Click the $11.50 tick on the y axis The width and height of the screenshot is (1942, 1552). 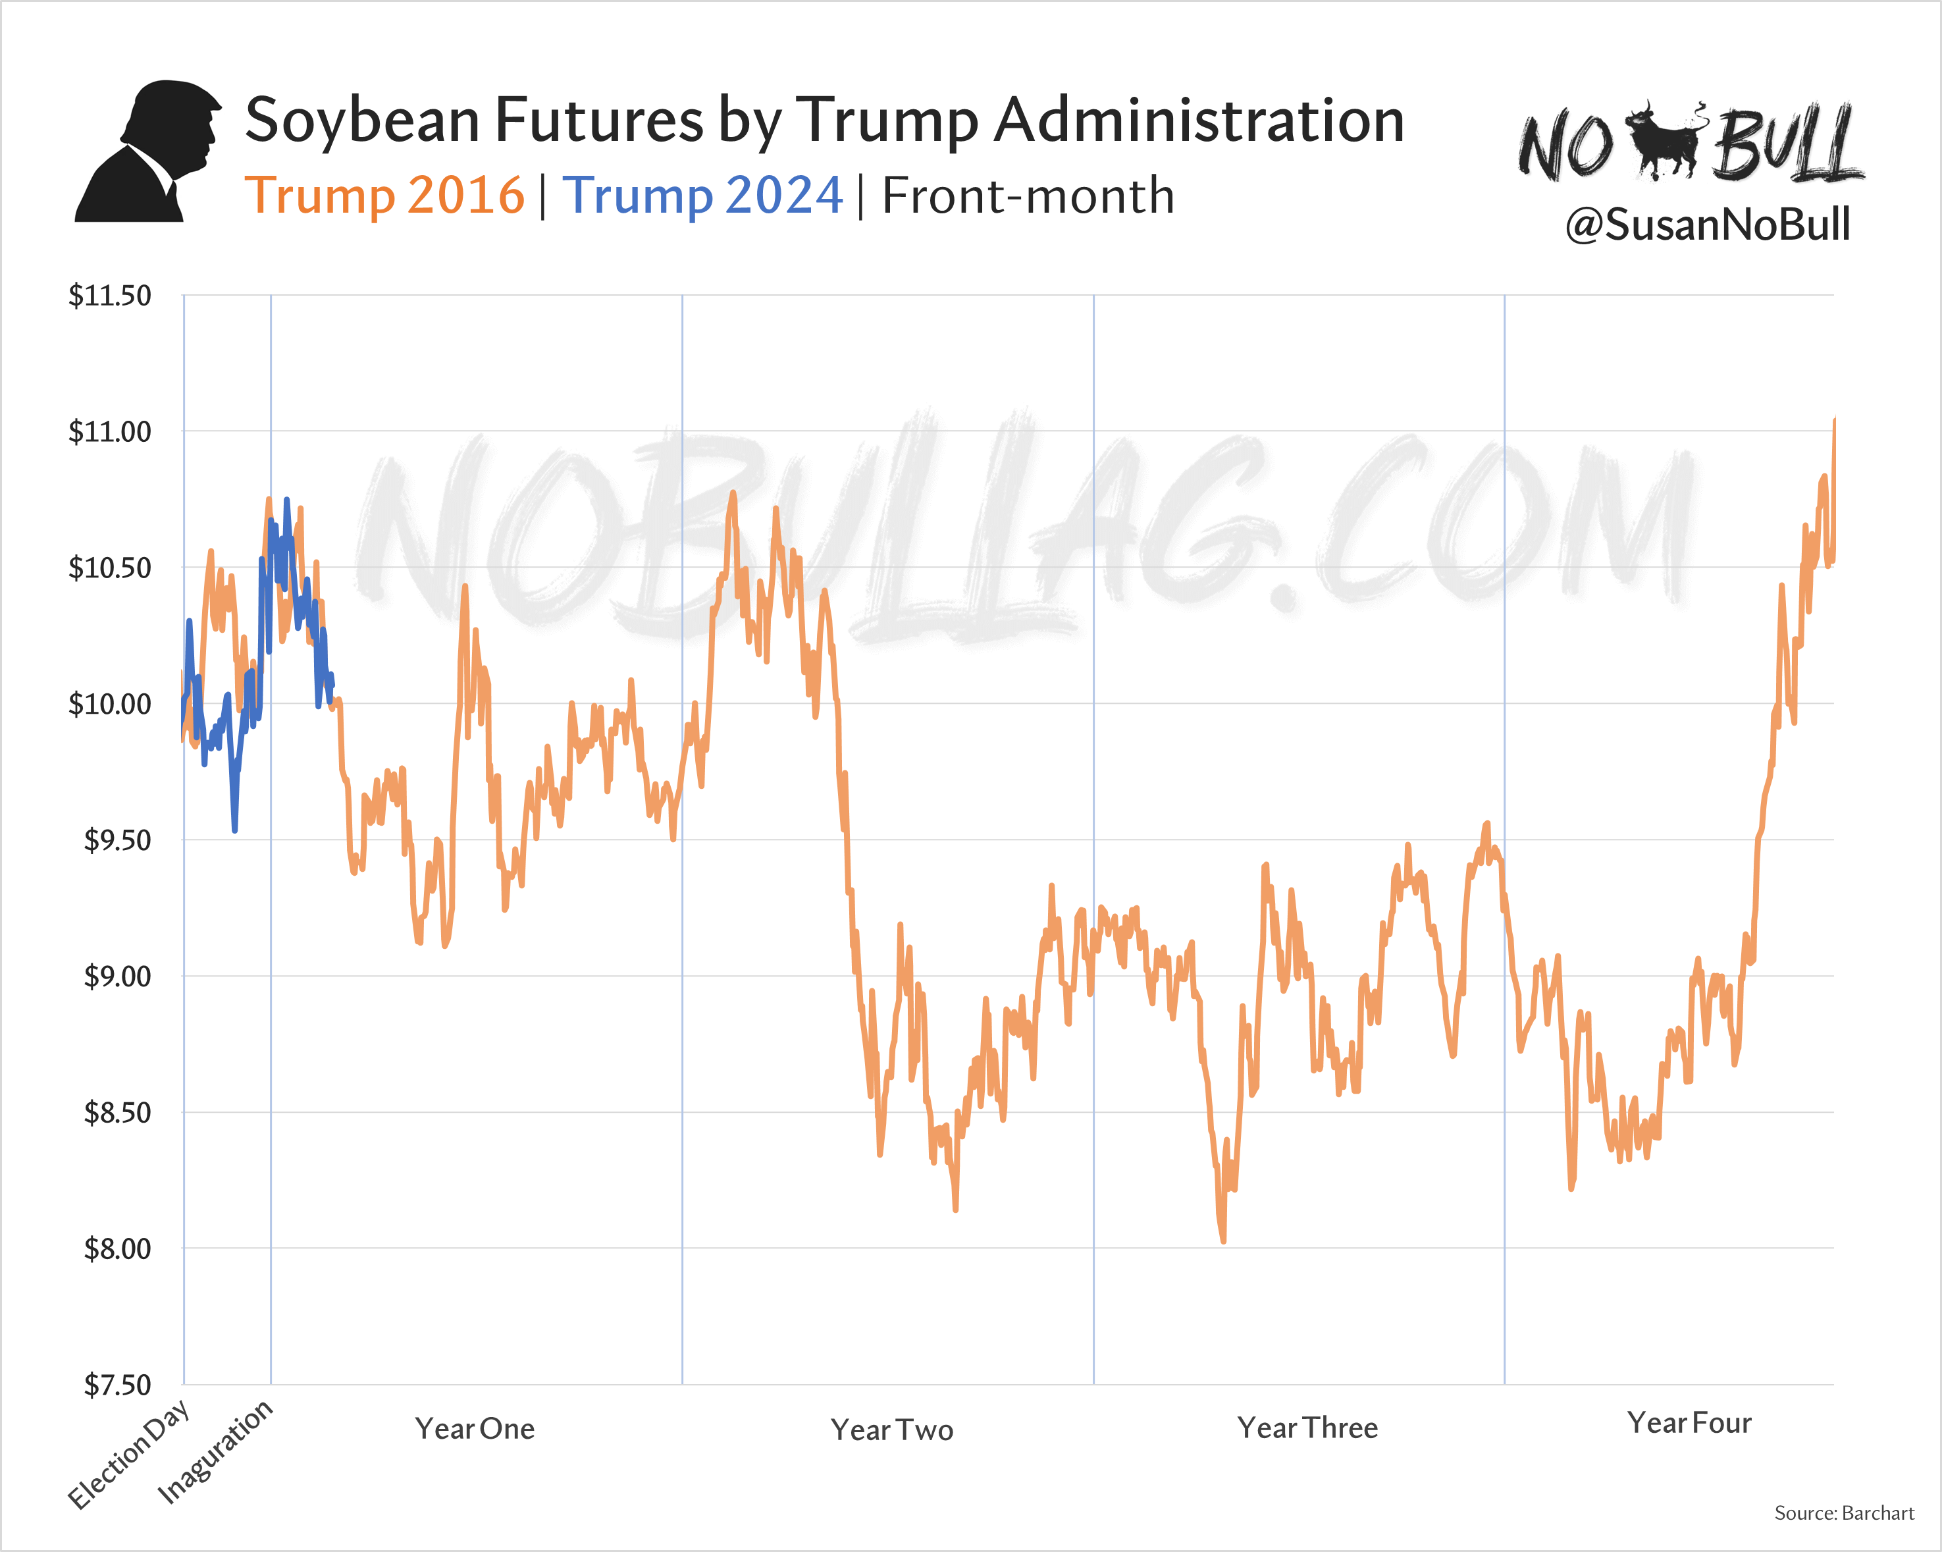(x=110, y=296)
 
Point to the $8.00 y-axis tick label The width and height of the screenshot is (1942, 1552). (x=117, y=1248)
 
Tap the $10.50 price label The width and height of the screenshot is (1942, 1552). (x=110, y=568)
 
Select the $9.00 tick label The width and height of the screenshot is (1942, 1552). (x=117, y=977)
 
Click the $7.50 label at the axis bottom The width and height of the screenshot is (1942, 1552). (x=117, y=1385)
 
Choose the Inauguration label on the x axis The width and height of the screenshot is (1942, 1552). (x=215, y=1451)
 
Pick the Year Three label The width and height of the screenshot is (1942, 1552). (x=1307, y=1428)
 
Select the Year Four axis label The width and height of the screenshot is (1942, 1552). (x=1689, y=1423)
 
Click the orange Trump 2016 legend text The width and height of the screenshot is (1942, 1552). (x=384, y=196)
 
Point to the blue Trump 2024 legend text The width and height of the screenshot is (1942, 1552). (x=702, y=196)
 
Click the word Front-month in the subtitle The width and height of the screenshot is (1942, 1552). (x=1028, y=196)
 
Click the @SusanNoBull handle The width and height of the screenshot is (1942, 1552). (x=1708, y=225)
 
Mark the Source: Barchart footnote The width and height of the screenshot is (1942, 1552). (x=1844, y=1513)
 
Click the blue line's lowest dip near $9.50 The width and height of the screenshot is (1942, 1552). (x=234, y=830)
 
